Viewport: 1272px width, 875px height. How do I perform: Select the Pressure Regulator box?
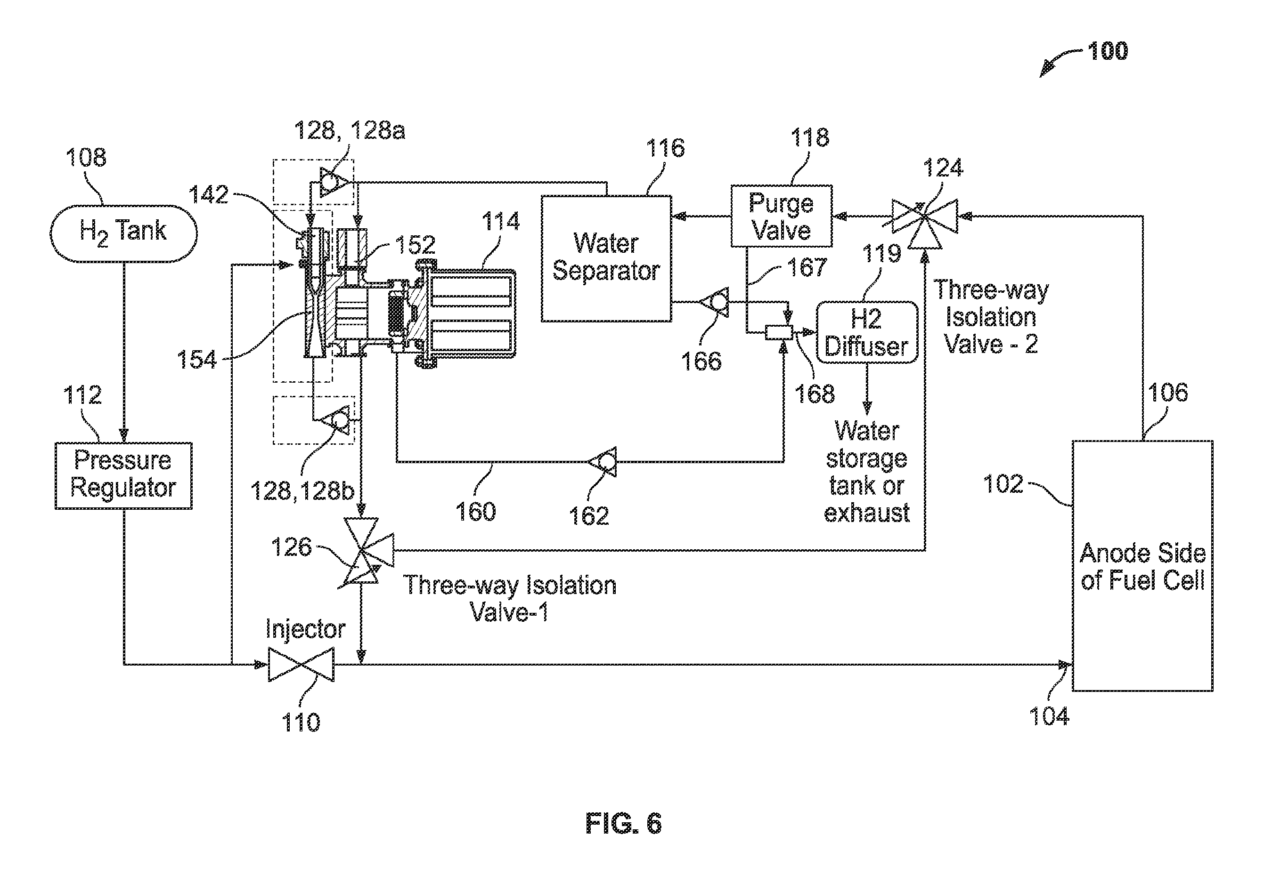(123, 475)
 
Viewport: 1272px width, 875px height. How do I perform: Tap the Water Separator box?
(606, 258)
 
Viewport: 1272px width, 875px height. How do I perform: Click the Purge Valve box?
(782, 216)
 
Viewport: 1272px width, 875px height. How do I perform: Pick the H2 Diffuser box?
(867, 332)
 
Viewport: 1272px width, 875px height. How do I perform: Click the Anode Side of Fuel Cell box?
(1142, 565)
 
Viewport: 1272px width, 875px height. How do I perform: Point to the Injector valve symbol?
(301, 664)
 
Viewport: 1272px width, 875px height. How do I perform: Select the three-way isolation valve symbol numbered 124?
(925, 217)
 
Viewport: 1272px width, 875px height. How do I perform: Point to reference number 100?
(1108, 51)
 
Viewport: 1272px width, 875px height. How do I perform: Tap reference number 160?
(475, 512)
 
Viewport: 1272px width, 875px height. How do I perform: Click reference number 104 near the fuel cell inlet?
(1049, 716)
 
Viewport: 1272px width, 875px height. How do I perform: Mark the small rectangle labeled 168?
(779, 332)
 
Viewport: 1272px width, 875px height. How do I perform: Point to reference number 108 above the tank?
(86, 158)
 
